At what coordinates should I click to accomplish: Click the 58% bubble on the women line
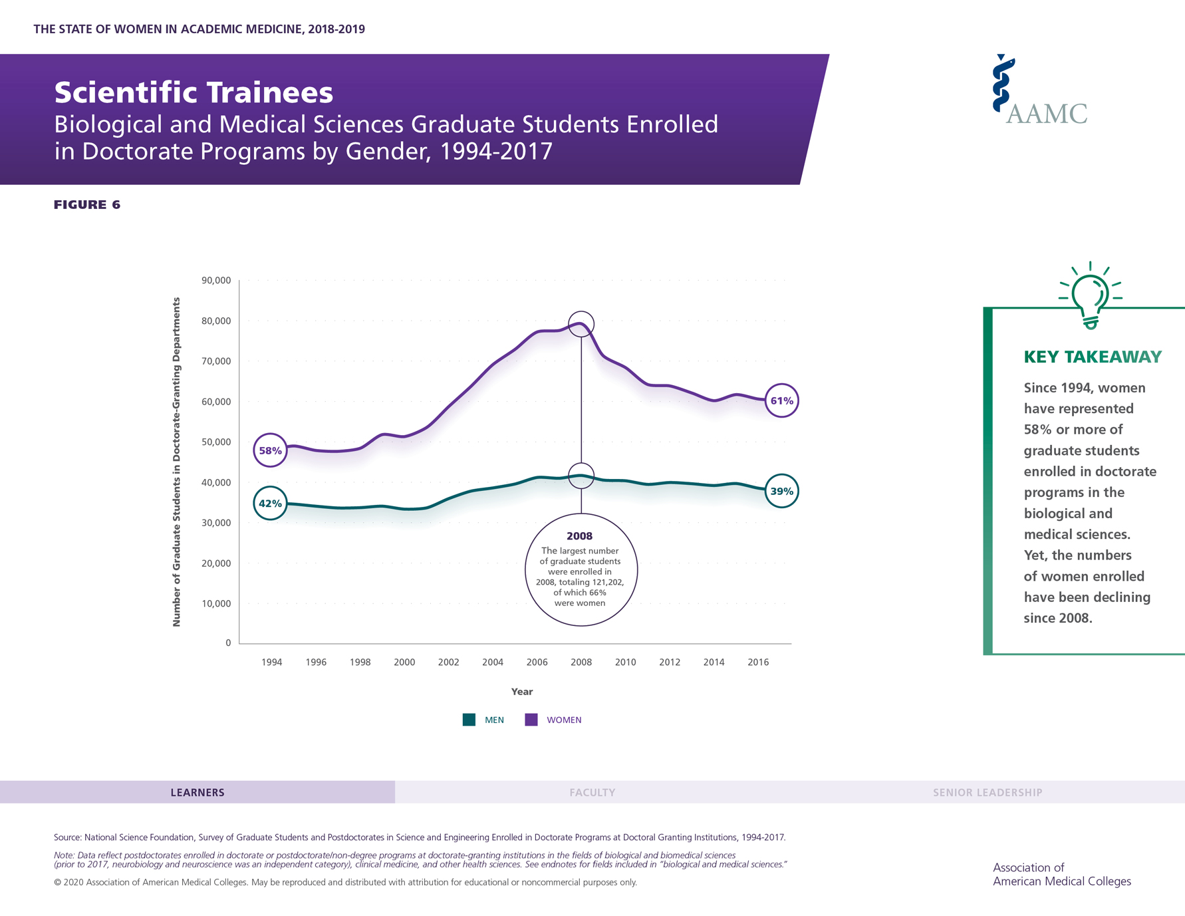[x=270, y=450]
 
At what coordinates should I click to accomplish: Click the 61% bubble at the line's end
[x=781, y=400]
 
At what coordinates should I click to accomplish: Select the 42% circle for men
[x=270, y=503]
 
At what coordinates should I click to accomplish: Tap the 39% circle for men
[x=781, y=491]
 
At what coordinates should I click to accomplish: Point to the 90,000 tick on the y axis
[x=216, y=281]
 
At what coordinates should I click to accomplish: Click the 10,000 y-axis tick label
[x=216, y=603]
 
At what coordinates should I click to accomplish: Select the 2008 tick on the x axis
[x=581, y=662]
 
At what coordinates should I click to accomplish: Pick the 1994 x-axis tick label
[x=271, y=662]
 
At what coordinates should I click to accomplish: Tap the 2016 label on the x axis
[x=758, y=662]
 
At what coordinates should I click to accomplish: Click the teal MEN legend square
[x=469, y=720]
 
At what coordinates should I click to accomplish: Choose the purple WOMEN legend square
[x=531, y=720]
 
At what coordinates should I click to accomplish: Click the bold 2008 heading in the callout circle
[x=579, y=536]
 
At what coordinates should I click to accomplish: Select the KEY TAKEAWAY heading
[x=1093, y=357]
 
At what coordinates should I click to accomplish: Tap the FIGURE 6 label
[x=87, y=205]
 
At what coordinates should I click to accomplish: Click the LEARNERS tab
[x=197, y=792]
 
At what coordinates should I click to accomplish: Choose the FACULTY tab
[x=592, y=792]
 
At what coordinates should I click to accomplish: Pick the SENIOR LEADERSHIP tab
[x=987, y=792]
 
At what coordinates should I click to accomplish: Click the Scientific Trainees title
[x=194, y=92]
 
